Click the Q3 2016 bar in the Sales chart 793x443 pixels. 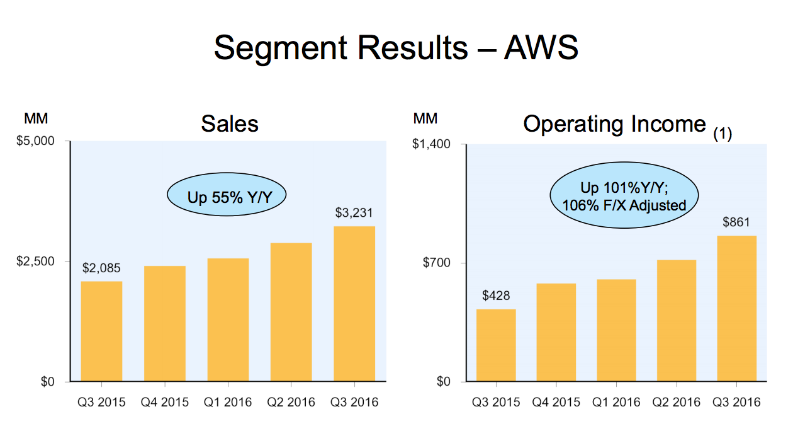point(354,304)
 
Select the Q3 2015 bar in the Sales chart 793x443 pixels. point(101,331)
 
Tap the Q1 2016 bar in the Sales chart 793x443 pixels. point(228,319)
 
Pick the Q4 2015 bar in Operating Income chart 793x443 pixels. point(556,332)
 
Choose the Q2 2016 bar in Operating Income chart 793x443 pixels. point(676,321)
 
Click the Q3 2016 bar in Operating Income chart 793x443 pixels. point(736,308)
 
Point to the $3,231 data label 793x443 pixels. point(354,213)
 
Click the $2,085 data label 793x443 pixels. point(101,268)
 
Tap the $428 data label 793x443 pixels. point(496,296)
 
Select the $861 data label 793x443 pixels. point(736,222)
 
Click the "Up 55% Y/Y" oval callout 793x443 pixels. point(227,197)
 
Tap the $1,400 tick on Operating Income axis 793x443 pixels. point(431,144)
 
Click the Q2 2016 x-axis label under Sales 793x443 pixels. point(291,402)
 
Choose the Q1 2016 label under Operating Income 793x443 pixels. point(616,402)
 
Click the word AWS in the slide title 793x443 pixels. point(541,47)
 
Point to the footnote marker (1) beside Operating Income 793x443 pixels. point(722,134)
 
